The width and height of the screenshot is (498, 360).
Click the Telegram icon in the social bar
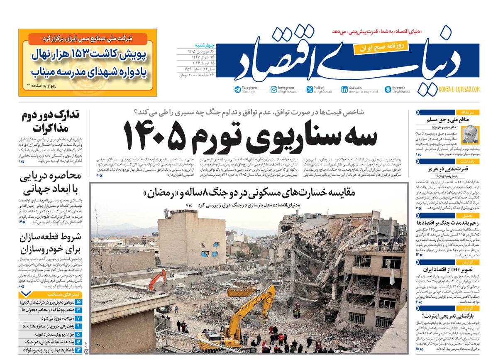tap(237, 89)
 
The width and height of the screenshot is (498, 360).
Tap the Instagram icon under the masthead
tap(274, 89)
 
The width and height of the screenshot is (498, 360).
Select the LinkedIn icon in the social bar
tap(344, 89)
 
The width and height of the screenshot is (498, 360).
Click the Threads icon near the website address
tap(388, 89)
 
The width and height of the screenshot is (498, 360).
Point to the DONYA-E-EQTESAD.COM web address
tap(459, 89)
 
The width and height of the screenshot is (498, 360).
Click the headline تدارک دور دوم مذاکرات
tap(51, 121)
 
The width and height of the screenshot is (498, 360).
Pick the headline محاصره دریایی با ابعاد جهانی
tap(51, 183)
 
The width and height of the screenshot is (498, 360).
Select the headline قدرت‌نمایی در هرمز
tap(447, 169)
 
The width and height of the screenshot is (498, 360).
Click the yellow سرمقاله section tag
tap(468, 112)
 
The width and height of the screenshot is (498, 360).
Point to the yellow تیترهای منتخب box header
tap(50, 294)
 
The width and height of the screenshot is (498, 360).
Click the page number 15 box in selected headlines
tap(78, 302)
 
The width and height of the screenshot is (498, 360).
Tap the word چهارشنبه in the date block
tap(203, 45)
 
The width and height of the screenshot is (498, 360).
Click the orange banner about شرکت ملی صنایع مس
tap(88, 39)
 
